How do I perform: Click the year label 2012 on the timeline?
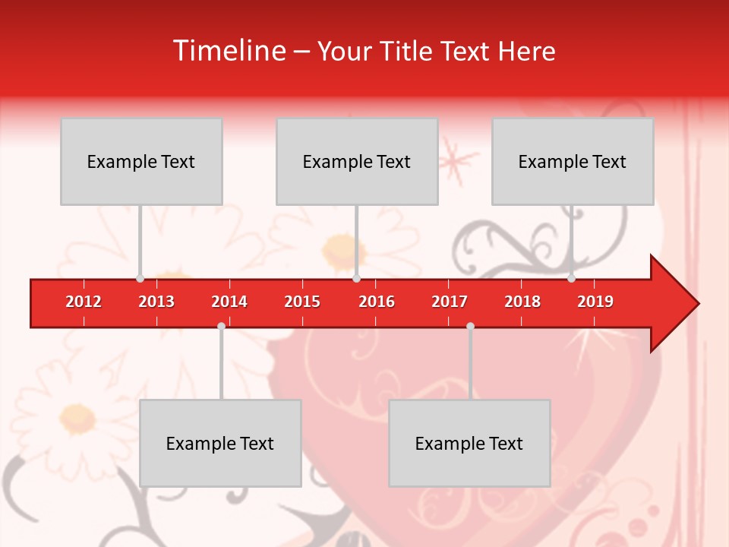pos(84,302)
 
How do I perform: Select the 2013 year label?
pos(156,302)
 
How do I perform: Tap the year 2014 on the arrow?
pos(229,302)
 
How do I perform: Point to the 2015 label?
pos(302,302)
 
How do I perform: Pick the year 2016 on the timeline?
pos(377,302)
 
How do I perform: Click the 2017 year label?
pos(450,302)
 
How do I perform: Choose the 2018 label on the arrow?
pos(522,302)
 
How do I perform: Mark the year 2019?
pos(595,302)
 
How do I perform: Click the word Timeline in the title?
pos(229,51)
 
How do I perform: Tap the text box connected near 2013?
pos(141,161)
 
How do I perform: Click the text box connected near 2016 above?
pos(357,161)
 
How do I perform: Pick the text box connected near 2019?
pos(573,161)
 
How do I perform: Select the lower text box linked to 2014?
pos(220,443)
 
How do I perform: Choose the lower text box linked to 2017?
pos(469,443)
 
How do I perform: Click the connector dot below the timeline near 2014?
pos(221,326)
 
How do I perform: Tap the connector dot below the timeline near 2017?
pos(470,326)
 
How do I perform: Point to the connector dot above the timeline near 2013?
pos(140,278)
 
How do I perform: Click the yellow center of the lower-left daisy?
pos(78,416)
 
